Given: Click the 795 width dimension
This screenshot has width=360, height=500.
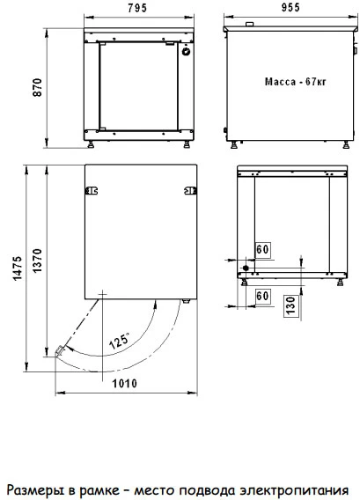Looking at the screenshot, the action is click(137, 8).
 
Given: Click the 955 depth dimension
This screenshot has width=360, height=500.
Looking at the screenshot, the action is click(290, 7).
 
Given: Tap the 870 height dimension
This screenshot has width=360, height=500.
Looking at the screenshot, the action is click(37, 87).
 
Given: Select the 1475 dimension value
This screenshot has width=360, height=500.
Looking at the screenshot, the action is click(18, 268).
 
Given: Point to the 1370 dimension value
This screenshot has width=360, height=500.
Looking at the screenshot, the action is click(37, 261).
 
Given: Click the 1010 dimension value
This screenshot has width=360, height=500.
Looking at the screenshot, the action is click(124, 383).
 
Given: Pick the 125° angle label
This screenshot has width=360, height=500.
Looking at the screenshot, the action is click(119, 341).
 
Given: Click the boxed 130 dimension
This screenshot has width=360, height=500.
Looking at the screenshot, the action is click(291, 305).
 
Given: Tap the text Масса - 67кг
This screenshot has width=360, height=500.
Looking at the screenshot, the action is click(295, 82).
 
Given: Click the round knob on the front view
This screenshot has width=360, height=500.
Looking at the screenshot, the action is click(187, 51).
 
